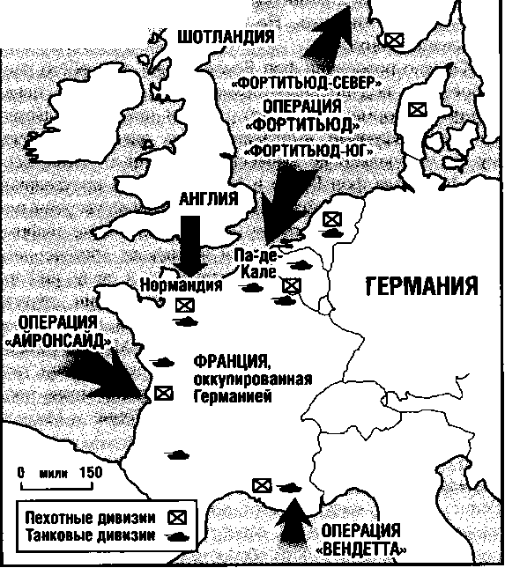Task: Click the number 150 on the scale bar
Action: coord(91,472)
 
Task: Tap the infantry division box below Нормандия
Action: coord(184,306)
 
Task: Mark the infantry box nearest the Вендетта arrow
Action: coord(261,484)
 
